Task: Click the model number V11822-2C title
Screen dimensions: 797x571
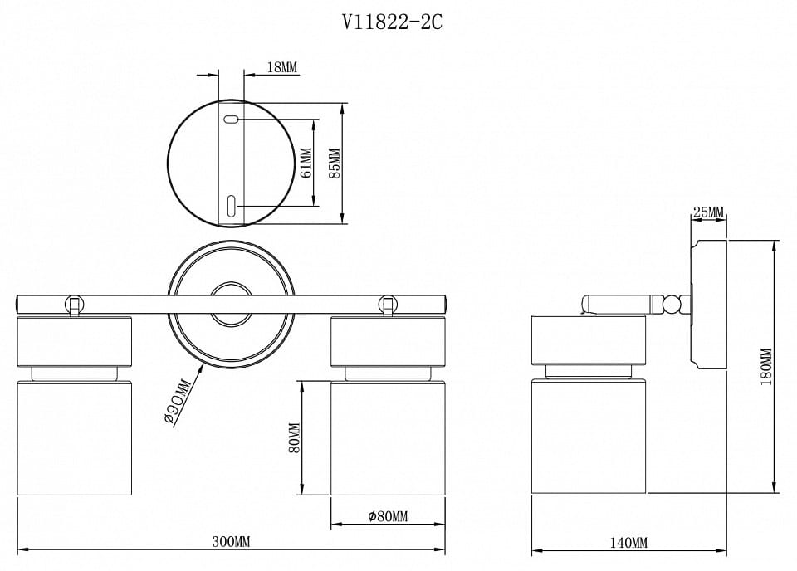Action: tap(392, 22)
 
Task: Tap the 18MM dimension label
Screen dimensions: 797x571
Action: tap(282, 66)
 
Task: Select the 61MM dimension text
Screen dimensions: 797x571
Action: tap(306, 163)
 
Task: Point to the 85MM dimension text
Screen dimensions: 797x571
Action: tap(335, 163)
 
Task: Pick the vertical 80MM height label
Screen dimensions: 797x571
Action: tap(294, 438)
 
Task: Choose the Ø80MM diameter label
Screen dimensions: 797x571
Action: tap(388, 517)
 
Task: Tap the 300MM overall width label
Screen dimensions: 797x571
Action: tap(232, 541)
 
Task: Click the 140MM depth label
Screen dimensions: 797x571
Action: tap(628, 543)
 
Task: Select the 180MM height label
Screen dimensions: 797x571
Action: tap(765, 367)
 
